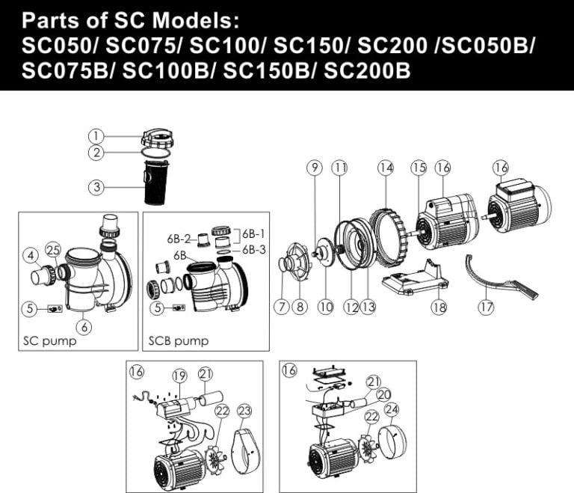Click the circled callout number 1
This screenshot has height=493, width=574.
(x=96, y=136)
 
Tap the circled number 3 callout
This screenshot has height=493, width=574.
(x=96, y=187)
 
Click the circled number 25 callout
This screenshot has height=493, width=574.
(x=52, y=248)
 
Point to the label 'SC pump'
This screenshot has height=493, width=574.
(x=45, y=340)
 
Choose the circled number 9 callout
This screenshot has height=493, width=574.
(x=314, y=168)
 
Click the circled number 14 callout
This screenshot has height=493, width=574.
(x=385, y=168)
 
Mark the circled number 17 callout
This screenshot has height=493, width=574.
(x=487, y=306)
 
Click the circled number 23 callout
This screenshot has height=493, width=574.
(x=245, y=411)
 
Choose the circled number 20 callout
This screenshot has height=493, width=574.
(x=385, y=394)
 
